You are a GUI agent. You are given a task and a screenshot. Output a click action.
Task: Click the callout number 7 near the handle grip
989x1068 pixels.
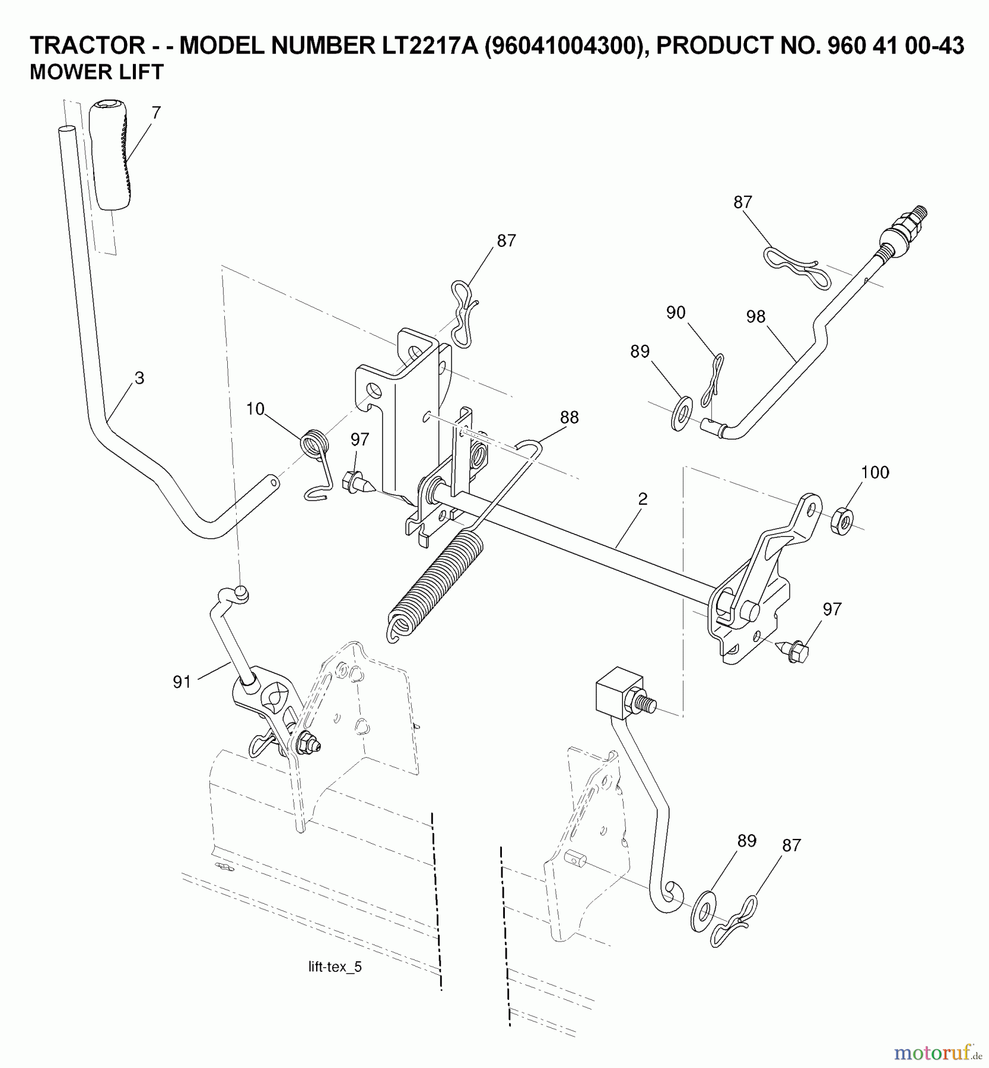156,113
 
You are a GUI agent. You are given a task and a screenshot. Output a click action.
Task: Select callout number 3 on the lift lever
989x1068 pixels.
139,378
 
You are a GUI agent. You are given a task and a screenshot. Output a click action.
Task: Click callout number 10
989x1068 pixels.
255,409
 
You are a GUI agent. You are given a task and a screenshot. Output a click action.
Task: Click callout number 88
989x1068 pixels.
569,417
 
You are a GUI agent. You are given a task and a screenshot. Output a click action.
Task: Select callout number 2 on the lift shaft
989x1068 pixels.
643,499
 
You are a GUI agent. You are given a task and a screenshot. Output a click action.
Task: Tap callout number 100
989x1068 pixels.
875,472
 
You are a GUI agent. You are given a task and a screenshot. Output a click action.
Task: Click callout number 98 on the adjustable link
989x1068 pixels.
755,316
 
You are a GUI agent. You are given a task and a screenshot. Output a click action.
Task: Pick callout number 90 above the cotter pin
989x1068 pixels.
676,313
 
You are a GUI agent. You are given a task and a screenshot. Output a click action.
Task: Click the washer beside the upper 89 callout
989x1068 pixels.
680,414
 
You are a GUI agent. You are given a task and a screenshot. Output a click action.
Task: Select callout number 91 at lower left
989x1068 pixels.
182,682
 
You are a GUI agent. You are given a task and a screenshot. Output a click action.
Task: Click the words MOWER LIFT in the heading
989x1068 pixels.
96,72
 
